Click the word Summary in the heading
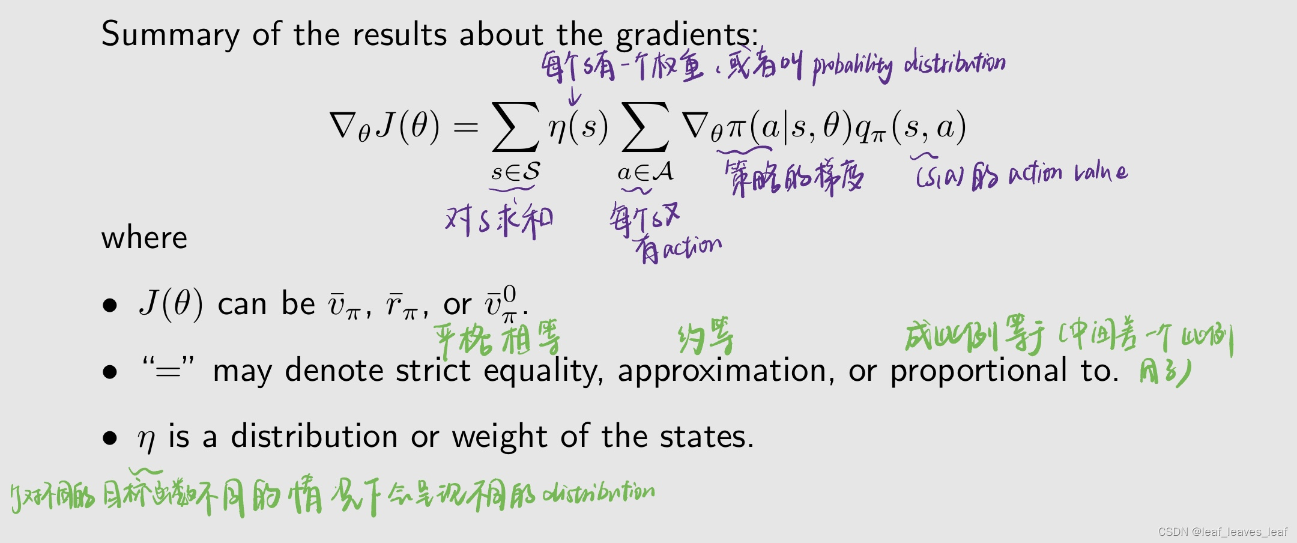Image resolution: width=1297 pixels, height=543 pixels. tap(171, 34)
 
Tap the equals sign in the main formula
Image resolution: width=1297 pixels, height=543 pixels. tap(465, 127)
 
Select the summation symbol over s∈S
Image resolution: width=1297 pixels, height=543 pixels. tap(515, 127)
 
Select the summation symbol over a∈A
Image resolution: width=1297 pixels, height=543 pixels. tap(645, 127)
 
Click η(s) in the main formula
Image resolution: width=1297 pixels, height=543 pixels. tap(578, 127)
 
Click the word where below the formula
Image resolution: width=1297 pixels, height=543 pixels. tap(144, 238)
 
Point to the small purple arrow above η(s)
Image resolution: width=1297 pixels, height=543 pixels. tap(575, 97)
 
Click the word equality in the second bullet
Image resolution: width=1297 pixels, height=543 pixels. tap(543, 371)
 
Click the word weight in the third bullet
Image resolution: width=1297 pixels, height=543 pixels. tap(500, 436)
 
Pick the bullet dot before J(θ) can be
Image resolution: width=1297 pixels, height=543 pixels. tap(109, 305)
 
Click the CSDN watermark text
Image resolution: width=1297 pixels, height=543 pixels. tap(1223, 532)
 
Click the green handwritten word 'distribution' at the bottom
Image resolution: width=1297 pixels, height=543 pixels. tap(599, 493)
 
